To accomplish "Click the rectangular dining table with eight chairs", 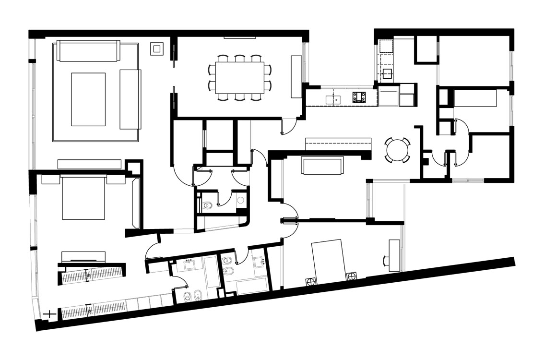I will pos(240,75).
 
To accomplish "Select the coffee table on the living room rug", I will pos(88,99).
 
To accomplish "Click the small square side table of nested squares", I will pos(156,48).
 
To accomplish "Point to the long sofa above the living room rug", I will pos(88,51).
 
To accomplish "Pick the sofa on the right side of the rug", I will pos(130,99).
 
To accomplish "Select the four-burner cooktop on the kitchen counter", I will pos(359,97).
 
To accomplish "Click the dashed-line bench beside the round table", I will pos(339,143).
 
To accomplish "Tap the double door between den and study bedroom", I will pos(290,221).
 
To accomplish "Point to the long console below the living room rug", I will pos(89,164).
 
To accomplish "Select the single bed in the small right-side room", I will pos(475,100).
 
